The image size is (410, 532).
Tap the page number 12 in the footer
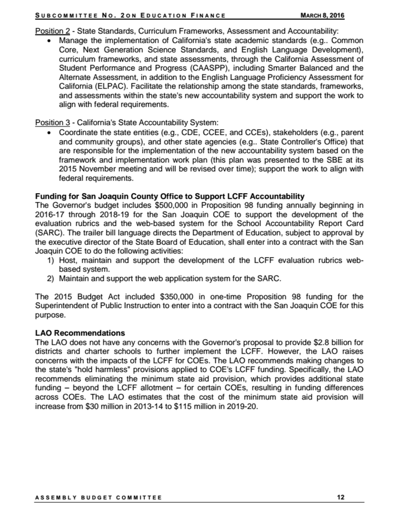pos(341,498)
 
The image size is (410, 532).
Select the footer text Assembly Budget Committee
pos(98,498)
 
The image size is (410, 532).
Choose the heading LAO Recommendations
pos(80,333)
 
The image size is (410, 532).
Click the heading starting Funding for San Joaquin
pos(169,196)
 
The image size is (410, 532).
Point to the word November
pos(76,169)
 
